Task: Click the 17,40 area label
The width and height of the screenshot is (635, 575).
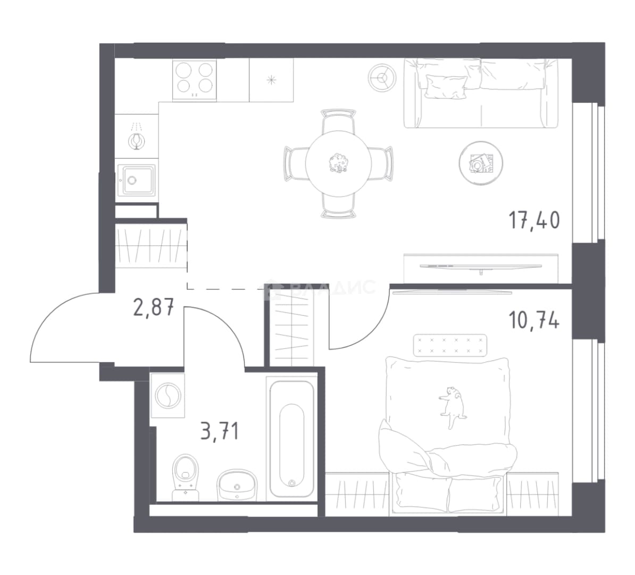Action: (x=534, y=220)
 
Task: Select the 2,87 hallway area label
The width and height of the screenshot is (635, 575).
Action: (x=154, y=307)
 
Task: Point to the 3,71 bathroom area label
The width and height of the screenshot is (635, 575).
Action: (x=220, y=431)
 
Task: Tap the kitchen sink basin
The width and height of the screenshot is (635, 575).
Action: (x=137, y=180)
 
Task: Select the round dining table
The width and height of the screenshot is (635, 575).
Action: (x=339, y=163)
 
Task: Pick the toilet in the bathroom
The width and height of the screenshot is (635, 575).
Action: (x=186, y=477)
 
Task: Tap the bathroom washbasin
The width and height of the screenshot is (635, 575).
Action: (x=237, y=486)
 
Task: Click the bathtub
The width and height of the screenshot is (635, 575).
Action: (x=291, y=439)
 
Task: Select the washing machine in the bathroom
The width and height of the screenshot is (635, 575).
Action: (x=167, y=396)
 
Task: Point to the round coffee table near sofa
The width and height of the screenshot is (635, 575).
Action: (x=481, y=163)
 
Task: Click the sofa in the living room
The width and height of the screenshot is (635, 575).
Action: (x=481, y=93)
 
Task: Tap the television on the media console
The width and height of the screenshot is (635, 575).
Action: (x=481, y=267)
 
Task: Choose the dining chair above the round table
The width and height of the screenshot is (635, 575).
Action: (x=339, y=121)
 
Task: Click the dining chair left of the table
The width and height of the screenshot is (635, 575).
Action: (x=295, y=164)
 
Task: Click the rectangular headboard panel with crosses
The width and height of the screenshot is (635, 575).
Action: (x=450, y=345)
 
